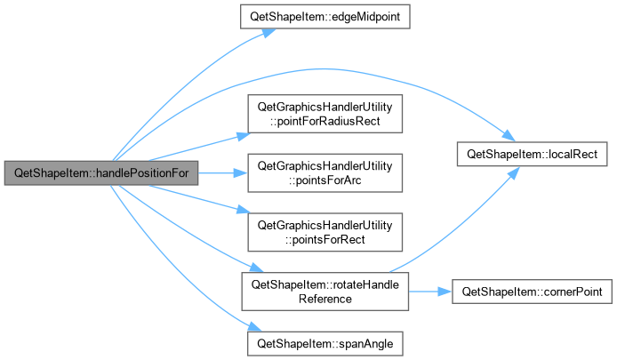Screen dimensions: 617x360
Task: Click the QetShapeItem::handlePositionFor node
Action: tap(101, 172)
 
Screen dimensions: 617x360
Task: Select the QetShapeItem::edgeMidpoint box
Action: tap(325, 17)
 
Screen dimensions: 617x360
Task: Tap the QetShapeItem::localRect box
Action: tap(532, 154)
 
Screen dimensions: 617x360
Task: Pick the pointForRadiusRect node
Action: tap(325, 114)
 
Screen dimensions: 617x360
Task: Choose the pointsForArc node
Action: tap(325, 172)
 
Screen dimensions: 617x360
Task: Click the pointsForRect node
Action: tap(325, 232)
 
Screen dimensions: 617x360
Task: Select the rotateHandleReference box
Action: tap(325, 292)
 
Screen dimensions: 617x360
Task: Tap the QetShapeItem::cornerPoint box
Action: tap(532, 292)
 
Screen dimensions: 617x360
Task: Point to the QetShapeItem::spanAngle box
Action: tap(325, 343)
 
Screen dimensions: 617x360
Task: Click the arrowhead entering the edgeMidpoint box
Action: tap(269, 33)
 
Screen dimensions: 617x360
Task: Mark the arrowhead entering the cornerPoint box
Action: tap(445, 292)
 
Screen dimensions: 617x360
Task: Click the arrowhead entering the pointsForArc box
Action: tap(240, 172)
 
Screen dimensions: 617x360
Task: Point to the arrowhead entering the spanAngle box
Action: tap(255, 326)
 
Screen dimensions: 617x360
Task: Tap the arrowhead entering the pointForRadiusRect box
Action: tap(244, 136)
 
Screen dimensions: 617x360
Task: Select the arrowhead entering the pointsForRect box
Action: tap(244, 210)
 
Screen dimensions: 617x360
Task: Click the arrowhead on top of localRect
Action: tap(509, 136)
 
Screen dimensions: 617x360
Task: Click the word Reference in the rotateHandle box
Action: tap(325, 299)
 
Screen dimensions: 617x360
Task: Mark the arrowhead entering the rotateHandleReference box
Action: tap(257, 268)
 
